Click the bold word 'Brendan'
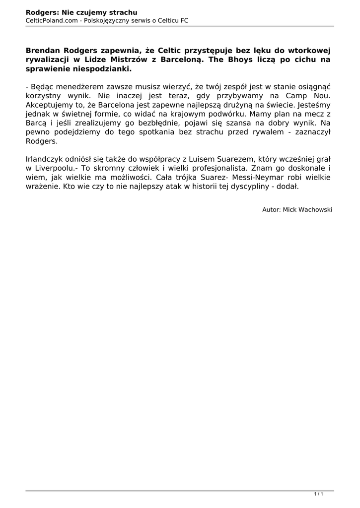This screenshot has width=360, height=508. click(44, 50)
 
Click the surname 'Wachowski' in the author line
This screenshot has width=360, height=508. click(314, 210)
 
